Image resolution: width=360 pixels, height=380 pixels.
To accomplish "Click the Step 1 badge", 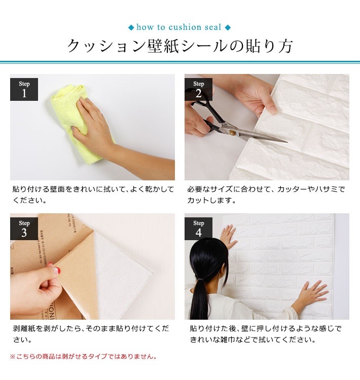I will [x=24, y=89].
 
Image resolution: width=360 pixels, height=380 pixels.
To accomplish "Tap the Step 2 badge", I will [x=198, y=89].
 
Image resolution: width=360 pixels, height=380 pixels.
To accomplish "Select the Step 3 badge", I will [x=24, y=229].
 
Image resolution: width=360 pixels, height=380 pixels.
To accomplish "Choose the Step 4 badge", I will [x=198, y=229].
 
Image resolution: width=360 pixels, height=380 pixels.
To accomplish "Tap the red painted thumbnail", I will [x=56, y=272].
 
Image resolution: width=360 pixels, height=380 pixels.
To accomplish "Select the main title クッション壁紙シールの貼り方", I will [x=180, y=47].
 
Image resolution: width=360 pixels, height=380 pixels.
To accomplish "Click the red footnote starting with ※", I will [x=83, y=357].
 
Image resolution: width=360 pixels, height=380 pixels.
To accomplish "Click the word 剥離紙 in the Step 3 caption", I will [x=24, y=329].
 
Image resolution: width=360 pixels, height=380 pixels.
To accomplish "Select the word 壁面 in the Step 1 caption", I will [x=56, y=189].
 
